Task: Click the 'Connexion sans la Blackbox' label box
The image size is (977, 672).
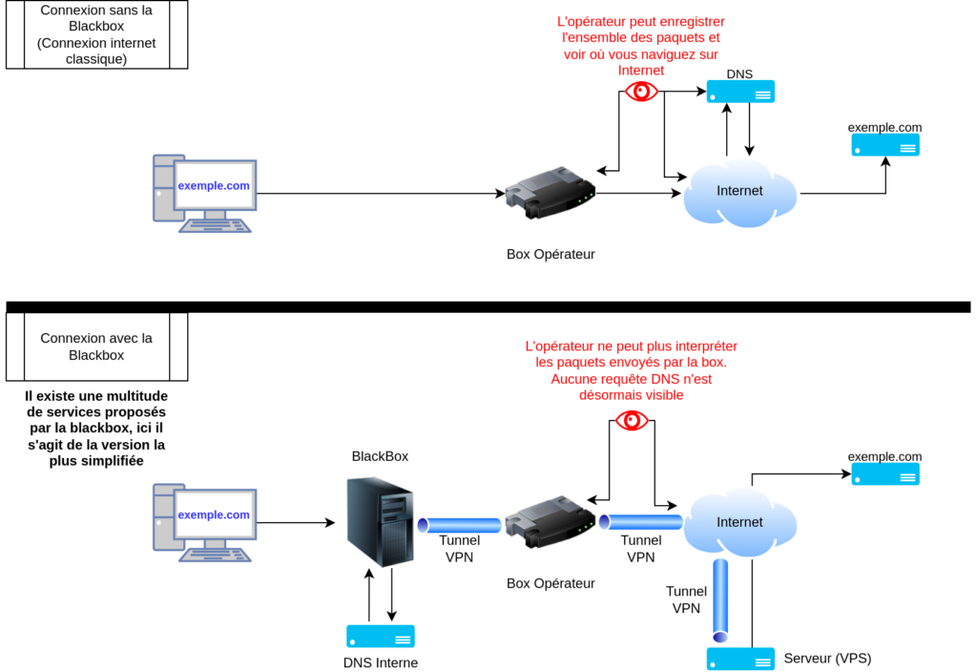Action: [96, 34]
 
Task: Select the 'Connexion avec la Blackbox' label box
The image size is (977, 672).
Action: [96, 346]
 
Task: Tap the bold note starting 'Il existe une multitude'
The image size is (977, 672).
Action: [96, 429]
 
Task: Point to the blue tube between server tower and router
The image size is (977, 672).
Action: [460, 525]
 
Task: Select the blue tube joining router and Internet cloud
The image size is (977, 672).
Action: [640, 522]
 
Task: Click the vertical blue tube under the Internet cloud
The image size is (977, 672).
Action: [720, 599]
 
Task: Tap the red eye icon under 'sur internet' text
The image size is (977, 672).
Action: [641, 91]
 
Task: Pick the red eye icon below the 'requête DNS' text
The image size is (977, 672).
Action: [632, 420]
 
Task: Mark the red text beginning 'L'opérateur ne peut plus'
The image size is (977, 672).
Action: [632, 370]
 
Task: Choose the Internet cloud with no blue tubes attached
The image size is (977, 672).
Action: [739, 192]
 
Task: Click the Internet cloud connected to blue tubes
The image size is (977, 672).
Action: [739, 521]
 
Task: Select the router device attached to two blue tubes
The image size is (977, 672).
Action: [550, 521]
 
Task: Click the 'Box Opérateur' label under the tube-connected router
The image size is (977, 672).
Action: [551, 583]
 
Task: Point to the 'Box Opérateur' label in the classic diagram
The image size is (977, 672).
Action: [551, 255]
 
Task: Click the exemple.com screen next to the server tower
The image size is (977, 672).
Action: [214, 515]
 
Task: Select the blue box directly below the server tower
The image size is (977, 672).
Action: [381, 637]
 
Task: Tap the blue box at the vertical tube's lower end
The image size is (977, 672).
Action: [740, 659]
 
